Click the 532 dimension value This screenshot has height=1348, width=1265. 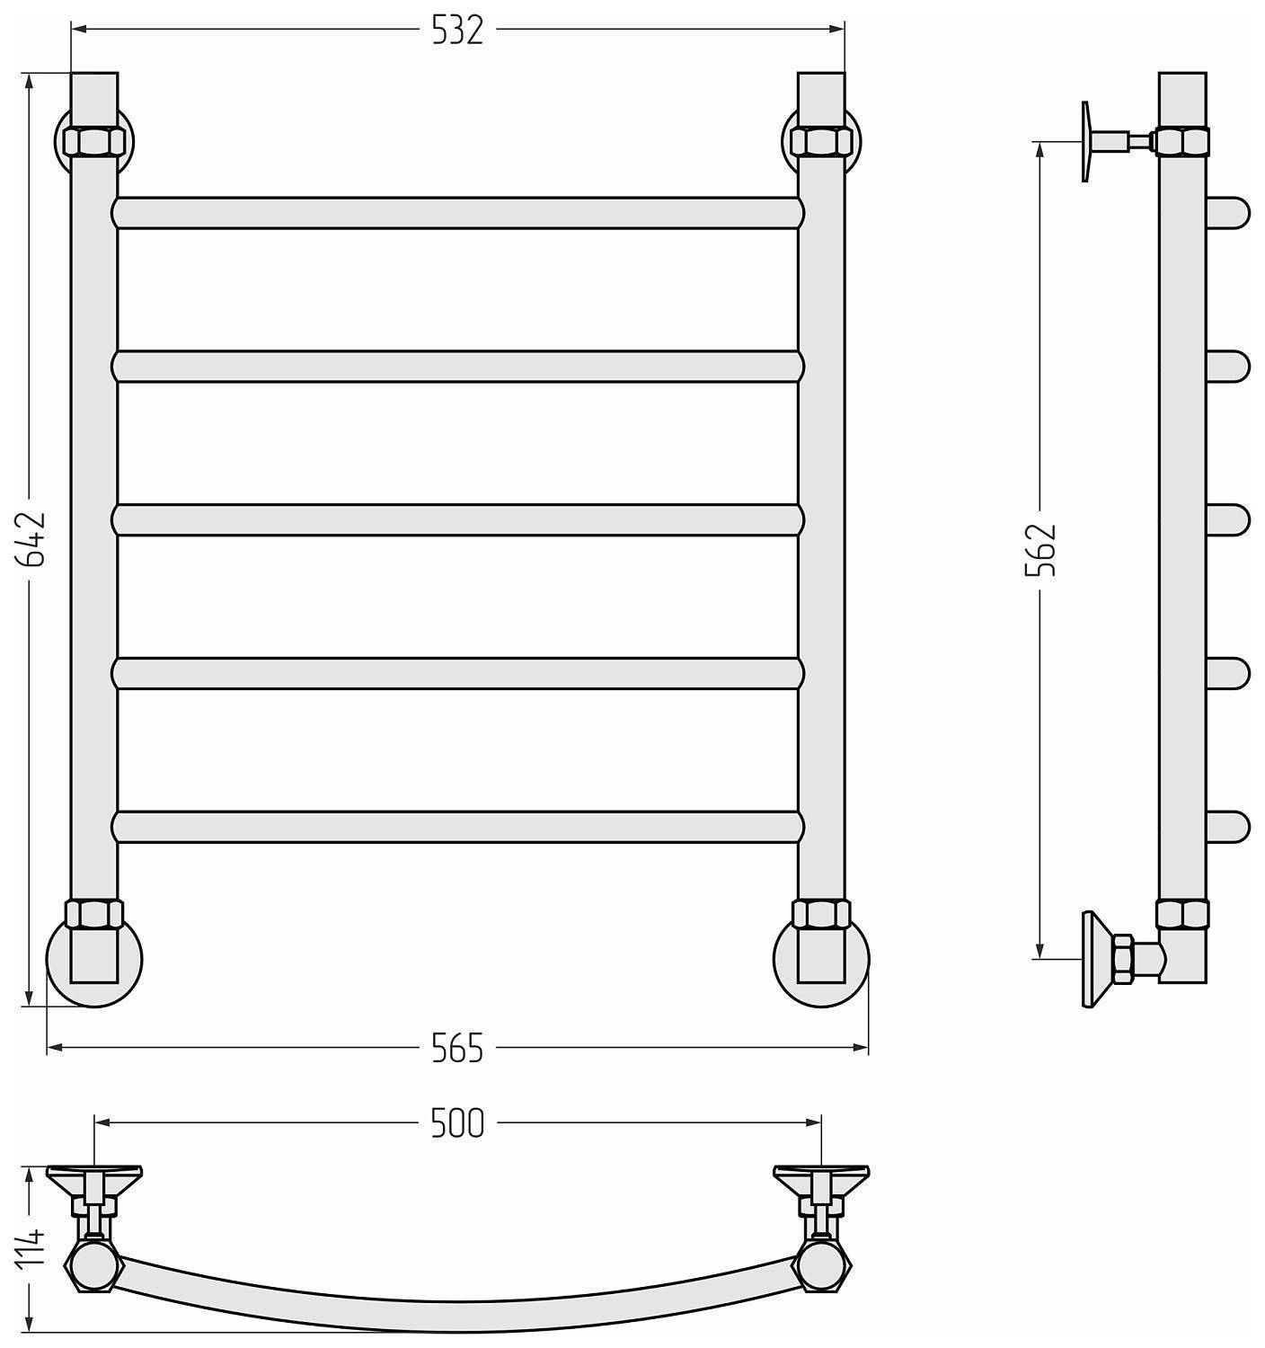click(457, 31)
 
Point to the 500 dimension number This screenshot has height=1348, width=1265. click(457, 1123)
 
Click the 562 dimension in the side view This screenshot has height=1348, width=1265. click(1040, 550)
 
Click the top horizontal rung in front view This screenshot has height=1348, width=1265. click(457, 213)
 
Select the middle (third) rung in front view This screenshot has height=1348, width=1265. click(457, 520)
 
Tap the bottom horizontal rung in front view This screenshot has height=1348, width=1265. click(457, 828)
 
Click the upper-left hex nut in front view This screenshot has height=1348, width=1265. click(94, 142)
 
